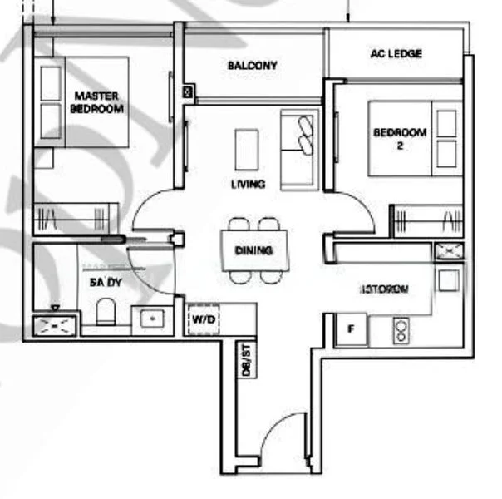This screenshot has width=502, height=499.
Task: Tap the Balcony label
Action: tap(252, 66)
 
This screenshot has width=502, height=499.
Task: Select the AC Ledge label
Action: tap(396, 54)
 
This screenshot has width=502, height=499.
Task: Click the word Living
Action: tap(249, 184)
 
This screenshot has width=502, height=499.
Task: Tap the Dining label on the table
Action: tap(254, 250)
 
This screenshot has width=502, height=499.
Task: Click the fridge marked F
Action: tap(351, 330)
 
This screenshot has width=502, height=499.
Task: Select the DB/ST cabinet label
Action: tap(246, 359)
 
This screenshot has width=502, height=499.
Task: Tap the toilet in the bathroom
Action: tap(106, 312)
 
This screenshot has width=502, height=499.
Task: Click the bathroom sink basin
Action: tap(150, 319)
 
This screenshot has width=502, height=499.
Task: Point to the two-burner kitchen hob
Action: tap(401, 331)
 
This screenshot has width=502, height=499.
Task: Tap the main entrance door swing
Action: tap(278, 445)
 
